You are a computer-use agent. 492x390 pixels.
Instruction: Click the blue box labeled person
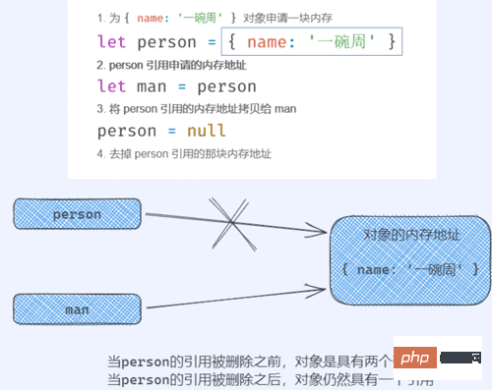pyautogui.click(x=77, y=214)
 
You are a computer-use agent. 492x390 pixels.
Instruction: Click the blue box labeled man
pyautogui.click(x=77, y=308)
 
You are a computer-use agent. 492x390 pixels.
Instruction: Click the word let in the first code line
pyautogui.click(x=113, y=42)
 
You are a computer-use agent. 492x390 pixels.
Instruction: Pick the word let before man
pyautogui.click(x=113, y=87)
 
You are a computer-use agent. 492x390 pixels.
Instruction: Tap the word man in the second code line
pyautogui.click(x=161, y=87)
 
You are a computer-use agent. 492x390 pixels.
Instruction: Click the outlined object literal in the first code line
pyautogui.click(x=312, y=42)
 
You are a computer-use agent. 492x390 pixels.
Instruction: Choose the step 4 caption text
pyautogui.click(x=185, y=154)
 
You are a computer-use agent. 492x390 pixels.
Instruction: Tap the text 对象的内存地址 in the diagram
pyautogui.click(x=411, y=236)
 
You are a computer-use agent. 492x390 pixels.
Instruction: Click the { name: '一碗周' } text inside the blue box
pyautogui.click(x=411, y=268)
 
